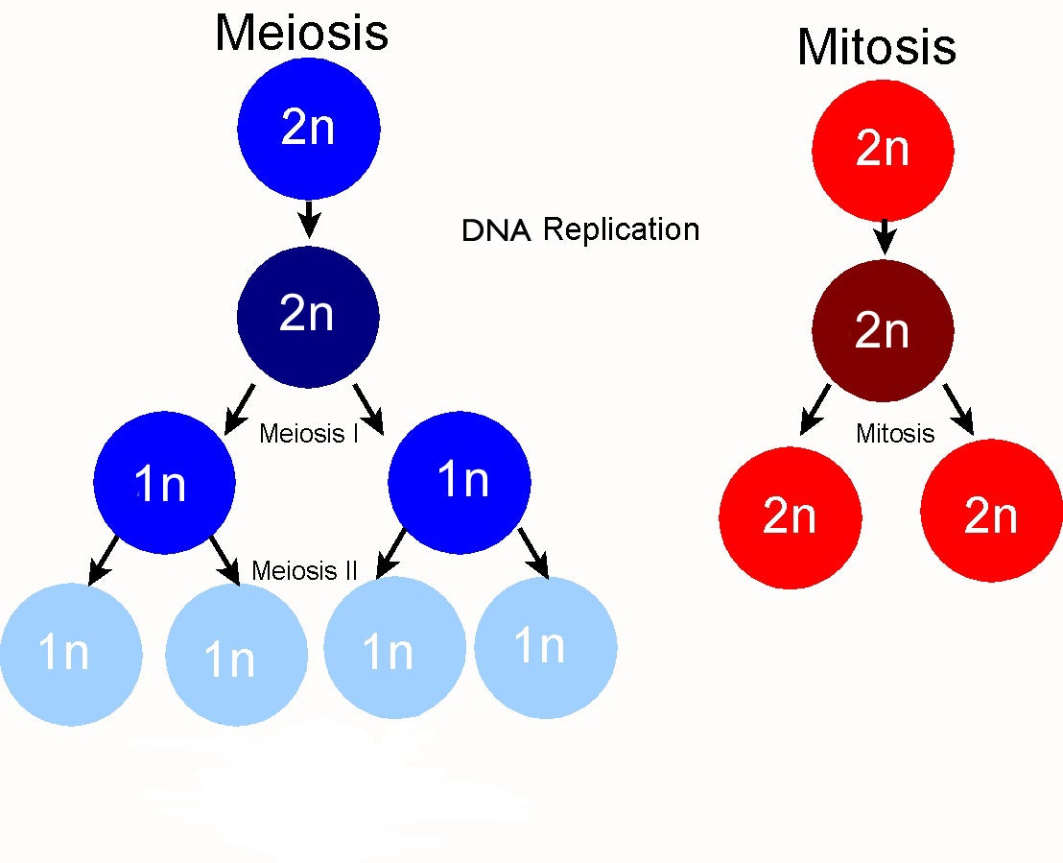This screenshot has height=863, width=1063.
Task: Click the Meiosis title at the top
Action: [x=301, y=33]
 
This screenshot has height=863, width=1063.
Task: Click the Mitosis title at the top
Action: [x=876, y=46]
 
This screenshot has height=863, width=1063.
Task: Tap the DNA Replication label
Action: [x=580, y=230]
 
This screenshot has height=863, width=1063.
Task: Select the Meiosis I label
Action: [x=309, y=434]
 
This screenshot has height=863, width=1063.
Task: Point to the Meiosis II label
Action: [x=304, y=571]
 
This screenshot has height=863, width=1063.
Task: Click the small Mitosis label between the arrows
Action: [x=894, y=434]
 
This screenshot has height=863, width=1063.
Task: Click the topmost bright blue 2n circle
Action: [x=308, y=128]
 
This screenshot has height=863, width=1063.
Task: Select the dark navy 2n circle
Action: [x=308, y=316]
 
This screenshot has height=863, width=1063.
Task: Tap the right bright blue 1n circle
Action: [x=460, y=481]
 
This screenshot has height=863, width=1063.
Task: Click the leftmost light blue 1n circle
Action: [x=69, y=654]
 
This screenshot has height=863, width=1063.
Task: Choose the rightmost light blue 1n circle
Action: [x=545, y=648]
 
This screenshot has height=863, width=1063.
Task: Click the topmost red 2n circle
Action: [x=882, y=150]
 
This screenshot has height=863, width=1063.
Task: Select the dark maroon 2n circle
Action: [x=882, y=331]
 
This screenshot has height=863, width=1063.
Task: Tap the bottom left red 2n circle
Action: [x=790, y=517]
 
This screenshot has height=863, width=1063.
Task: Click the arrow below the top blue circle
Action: [x=308, y=219]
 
